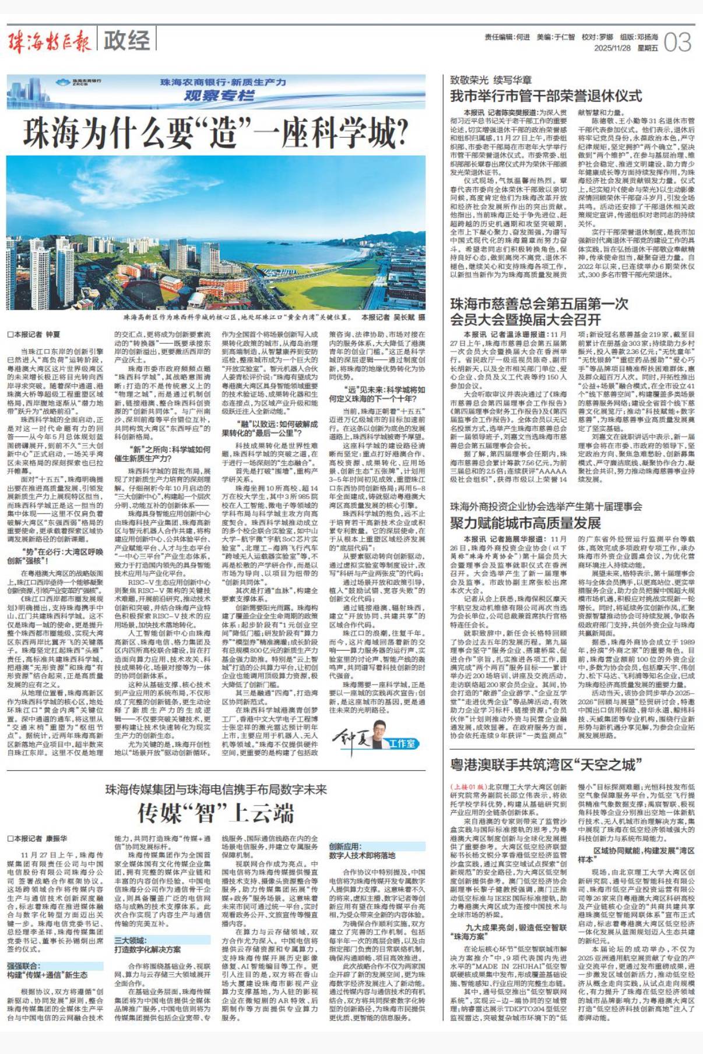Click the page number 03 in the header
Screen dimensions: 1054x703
point(677,43)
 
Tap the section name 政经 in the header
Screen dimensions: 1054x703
point(126,41)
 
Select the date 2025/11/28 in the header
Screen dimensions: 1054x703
point(612,48)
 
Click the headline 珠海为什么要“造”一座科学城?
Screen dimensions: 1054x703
point(215,133)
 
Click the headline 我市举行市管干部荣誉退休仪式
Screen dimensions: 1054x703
point(546,96)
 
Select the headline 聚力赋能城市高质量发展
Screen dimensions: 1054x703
point(525,522)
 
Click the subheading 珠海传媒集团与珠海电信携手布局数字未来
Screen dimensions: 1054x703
point(216,789)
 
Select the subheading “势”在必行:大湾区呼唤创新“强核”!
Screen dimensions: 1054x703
point(55,556)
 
